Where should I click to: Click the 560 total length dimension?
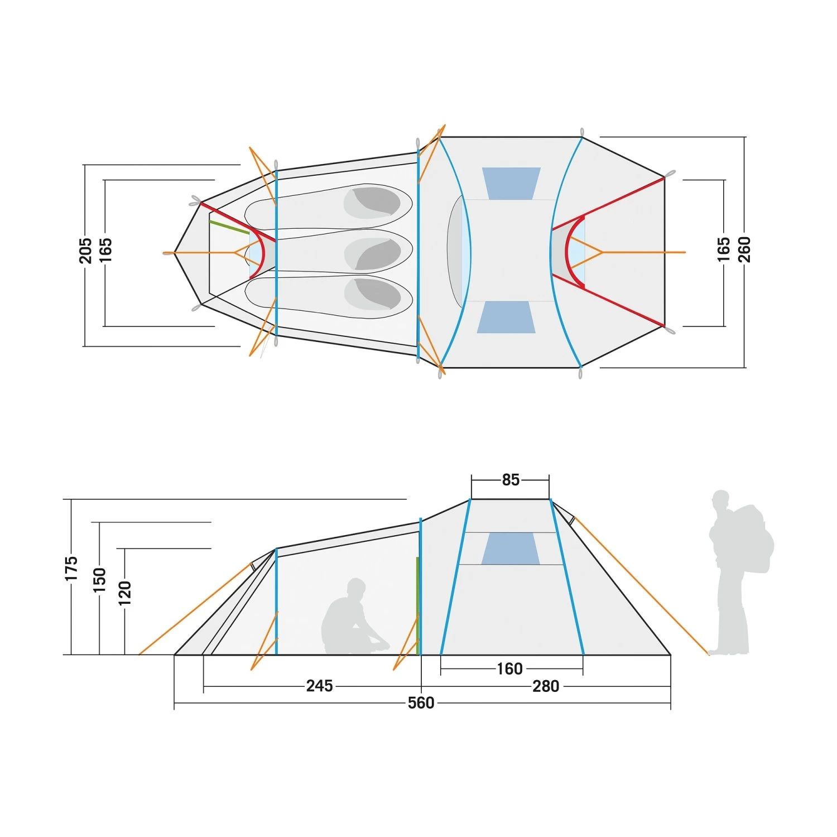point(421,703)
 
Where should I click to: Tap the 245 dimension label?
point(319,686)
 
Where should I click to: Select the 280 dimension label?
point(546,686)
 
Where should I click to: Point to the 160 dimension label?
point(509,668)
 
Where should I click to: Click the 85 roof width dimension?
point(511,480)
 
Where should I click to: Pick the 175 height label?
point(71,569)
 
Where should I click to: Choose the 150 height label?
point(99,580)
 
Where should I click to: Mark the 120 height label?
point(125,593)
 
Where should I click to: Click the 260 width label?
point(744,249)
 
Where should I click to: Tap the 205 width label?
point(85,251)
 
